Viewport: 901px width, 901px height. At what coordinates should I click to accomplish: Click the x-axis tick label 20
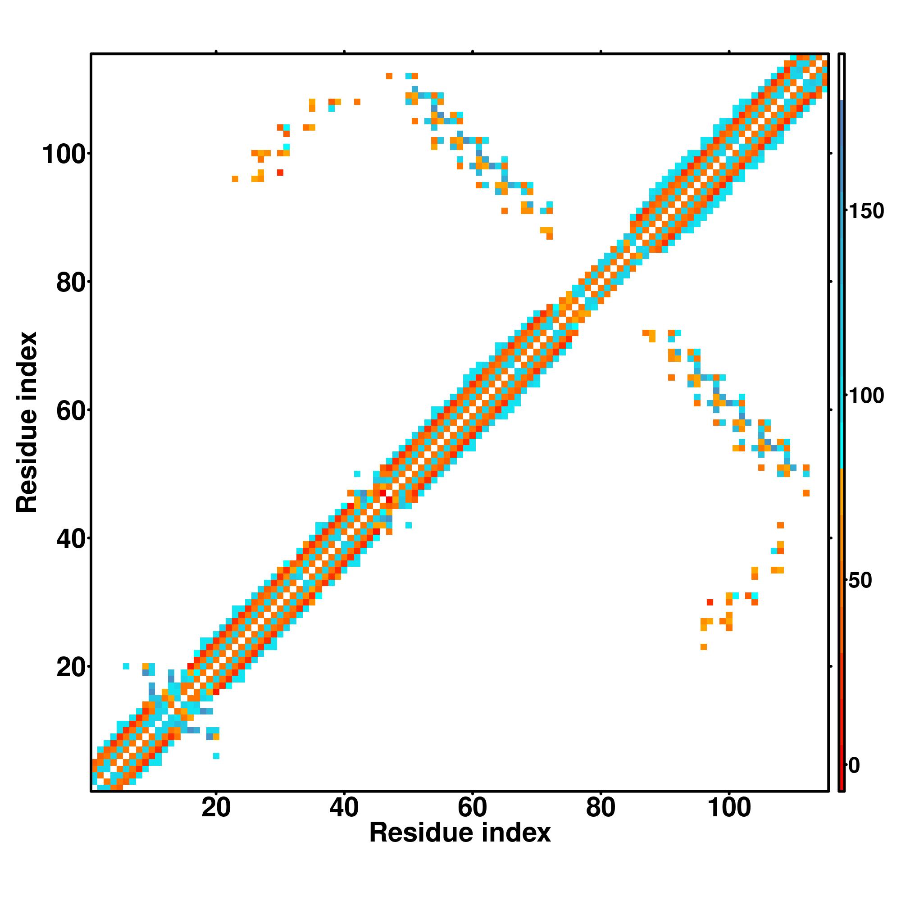(x=216, y=808)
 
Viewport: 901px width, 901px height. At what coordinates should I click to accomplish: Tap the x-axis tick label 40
(x=344, y=808)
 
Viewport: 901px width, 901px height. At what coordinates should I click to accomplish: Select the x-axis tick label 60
(x=473, y=808)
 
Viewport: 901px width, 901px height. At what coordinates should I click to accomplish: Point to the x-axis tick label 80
(x=601, y=808)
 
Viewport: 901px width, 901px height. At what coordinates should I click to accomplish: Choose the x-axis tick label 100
(x=729, y=808)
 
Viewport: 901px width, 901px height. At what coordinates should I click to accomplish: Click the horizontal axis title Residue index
(x=460, y=833)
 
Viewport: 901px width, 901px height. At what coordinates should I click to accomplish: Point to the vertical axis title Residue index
(x=27, y=422)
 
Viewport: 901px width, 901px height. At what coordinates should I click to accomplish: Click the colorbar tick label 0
(x=854, y=766)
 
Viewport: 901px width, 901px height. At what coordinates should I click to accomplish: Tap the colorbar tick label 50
(x=860, y=581)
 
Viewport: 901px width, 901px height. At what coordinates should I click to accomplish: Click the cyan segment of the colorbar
(x=842, y=420)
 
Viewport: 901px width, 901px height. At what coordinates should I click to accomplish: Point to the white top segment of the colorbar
(x=842, y=77)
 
